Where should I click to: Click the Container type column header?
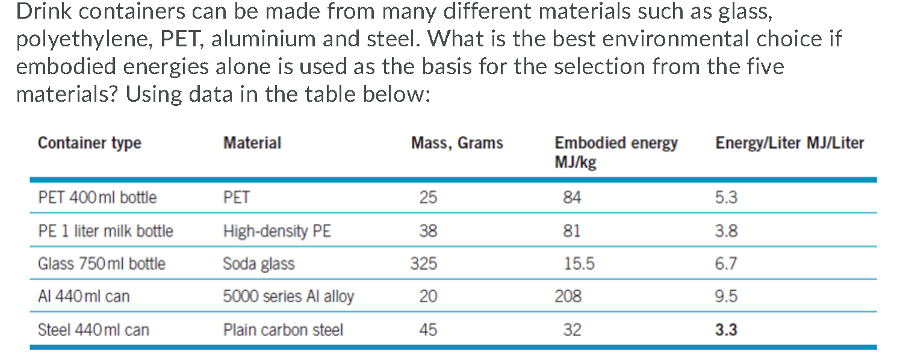tap(89, 143)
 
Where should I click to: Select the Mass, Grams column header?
tap(457, 143)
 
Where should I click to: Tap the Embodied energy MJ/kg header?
tap(615, 152)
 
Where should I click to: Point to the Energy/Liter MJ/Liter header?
tap(789, 143)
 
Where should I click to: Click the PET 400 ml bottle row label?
tap(97, 197)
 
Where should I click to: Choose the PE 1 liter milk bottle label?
tap(105, 231)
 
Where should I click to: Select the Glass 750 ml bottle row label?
tap(101, 264)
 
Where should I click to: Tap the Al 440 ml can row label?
tap(83, 296)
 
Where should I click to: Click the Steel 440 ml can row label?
tap(93, 330)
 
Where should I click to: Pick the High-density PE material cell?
tap(277, 231)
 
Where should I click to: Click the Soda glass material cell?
tap(259, 264)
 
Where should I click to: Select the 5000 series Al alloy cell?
tap(288, 296)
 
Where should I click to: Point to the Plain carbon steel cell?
tap(283, 330)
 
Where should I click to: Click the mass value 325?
tap(423, 264)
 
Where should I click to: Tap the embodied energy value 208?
tap(569, 296)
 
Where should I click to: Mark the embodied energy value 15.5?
tap(579, 264)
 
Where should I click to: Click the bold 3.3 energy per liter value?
tap(725, 330)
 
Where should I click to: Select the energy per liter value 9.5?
tap(725, 296)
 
